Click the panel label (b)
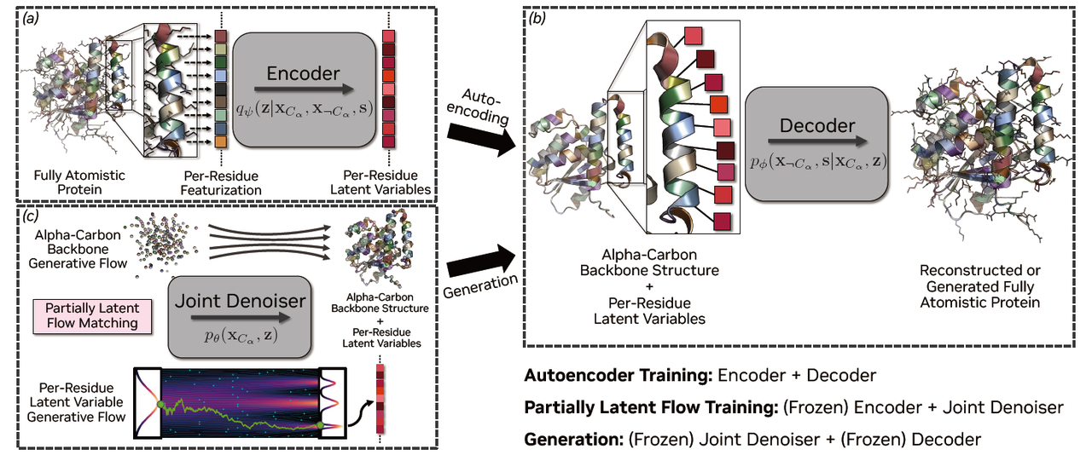tap(539, 17)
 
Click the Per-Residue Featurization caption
tap(221, 183)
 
